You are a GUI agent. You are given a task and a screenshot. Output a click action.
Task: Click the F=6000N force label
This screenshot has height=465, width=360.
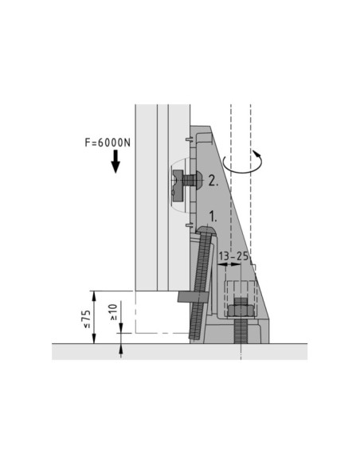click(x=108, y=143)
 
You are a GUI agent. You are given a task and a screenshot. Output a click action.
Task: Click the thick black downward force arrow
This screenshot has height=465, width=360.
click(x=115, y=162)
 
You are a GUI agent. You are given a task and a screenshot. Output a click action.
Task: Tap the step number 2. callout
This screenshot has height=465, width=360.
click(x=213, y=181)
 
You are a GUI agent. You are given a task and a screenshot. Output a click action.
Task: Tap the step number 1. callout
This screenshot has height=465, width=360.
click(x=213, y=217)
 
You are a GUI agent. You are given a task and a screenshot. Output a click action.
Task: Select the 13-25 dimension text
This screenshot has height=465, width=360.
click(x=233, y=256)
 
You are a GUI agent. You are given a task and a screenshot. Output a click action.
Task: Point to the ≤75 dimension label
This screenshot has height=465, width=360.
click(x=87, y=319)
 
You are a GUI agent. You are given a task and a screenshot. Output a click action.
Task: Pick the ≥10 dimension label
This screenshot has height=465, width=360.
click(x=114, y=312)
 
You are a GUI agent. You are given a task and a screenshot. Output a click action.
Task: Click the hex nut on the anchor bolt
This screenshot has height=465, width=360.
click(x=241, y=311)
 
